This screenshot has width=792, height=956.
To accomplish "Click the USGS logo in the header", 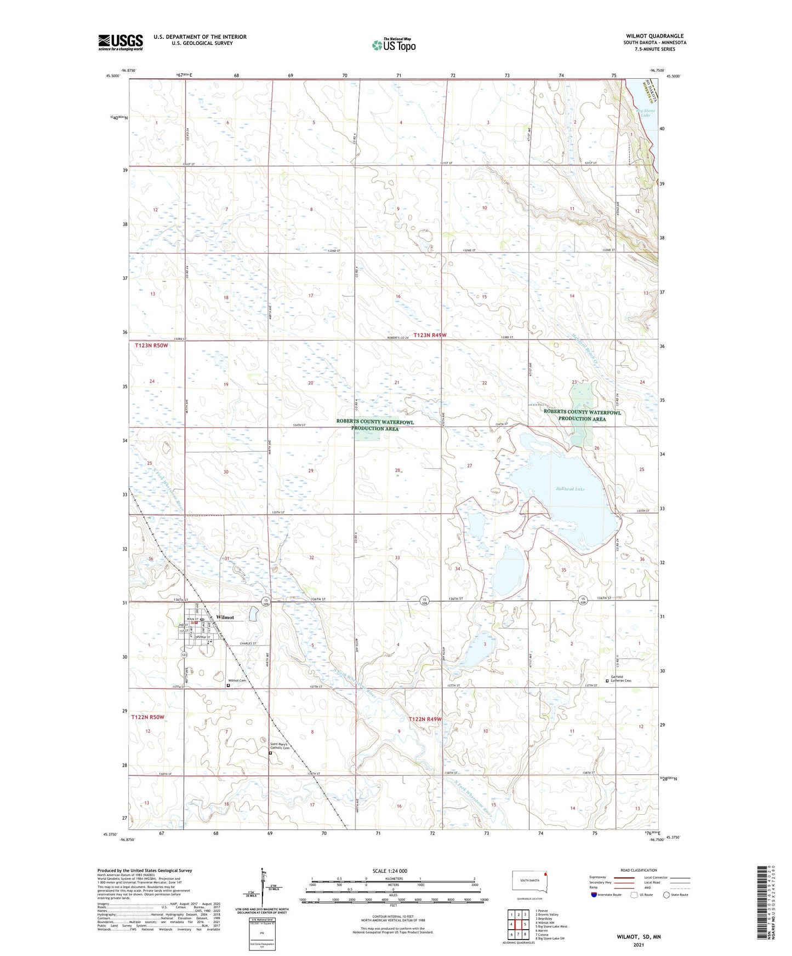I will pyautogui.click(x=121, y=42).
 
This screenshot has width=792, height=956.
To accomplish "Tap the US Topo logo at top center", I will pyautogui.click(x=394, y=45).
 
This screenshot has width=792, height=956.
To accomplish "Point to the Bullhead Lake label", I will pyautogui.click(x=570, y=489).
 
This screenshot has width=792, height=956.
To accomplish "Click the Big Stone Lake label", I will pyautogui.click(x=645, y=113).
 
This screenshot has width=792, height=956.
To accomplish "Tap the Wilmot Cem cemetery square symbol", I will pyautogui.click(x=229, y=685).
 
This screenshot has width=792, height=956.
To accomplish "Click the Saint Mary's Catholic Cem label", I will pyautogui.click(x=280, y=746).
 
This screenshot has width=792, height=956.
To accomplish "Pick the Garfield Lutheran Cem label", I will pyautogui.click(x=621, y=679).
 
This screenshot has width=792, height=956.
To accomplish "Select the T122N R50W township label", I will pyautogui.click(x=147, y=717).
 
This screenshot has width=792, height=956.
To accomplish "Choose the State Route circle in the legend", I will pyautogui.click(x=666, y=895).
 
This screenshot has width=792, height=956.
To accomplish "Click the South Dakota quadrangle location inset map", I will pyautogui.click(x=529, y=882).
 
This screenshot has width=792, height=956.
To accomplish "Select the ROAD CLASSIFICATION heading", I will pyautogui.click(x=639, y=870).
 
